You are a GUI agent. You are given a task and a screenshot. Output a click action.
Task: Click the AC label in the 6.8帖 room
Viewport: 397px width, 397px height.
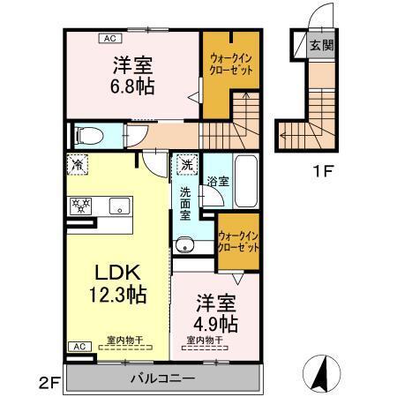[x=111, y=38]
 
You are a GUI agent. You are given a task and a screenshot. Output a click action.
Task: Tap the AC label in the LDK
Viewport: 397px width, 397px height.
[x=78, y=346]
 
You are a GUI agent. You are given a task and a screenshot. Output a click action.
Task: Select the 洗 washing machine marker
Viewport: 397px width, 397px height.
[x=187, y=164]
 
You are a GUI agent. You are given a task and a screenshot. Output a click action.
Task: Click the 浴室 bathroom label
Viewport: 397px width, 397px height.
[x=216, y=180]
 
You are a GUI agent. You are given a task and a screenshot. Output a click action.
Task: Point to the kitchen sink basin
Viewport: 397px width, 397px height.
[x=117, y=206]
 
